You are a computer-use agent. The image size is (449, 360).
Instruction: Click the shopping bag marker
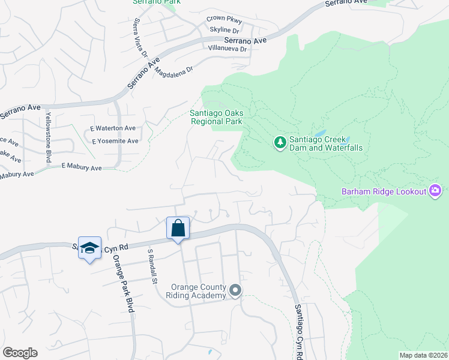[x=178, y=229]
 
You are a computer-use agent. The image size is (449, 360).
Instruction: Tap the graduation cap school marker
[x=89, y=248]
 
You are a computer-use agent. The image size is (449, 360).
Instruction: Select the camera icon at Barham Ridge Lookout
[x=436, y=191]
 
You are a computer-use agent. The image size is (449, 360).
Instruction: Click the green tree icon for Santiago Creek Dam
[x=279, y=142]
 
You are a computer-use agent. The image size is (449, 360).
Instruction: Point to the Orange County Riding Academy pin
[x=235, y=291]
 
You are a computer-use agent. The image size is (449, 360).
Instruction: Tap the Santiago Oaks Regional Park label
[x=216, y=116]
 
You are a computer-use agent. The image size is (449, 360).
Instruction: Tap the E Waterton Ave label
[x=113, y=128]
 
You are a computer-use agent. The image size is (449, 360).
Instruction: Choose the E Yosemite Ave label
[x=115, y=141]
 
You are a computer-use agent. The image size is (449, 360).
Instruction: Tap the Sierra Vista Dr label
[x=139, y=38]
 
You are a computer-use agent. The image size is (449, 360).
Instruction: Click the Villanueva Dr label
[x=228, y=49]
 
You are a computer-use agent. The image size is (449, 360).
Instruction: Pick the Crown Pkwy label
[x=223, y=19]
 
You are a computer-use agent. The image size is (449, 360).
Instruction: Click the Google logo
[x=20, y=353]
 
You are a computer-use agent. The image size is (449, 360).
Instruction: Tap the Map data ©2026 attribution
[x=423, y=355]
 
